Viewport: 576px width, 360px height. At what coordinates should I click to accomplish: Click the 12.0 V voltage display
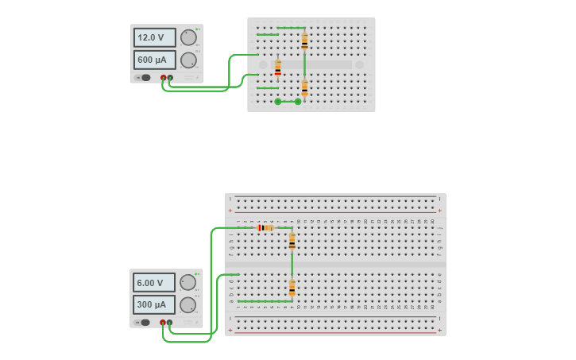click(x=154, y=37)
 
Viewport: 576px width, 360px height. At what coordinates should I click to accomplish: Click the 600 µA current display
click(x=154, y=60)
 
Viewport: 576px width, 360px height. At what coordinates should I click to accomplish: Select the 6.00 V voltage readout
click(x=153, y=282)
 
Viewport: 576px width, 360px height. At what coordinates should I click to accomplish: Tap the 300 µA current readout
click(x=153, y=304)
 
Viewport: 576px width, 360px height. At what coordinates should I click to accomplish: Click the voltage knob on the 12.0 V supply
click(x=188, y=37)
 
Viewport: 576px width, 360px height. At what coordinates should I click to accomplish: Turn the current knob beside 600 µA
click(x=188, y=60)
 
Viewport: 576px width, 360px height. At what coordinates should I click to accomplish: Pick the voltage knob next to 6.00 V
click(x=187, y=282)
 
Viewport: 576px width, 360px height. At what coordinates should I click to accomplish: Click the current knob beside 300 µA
click(x=187, y=305)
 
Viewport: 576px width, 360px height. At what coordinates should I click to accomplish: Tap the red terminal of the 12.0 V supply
click(x=164, y=78)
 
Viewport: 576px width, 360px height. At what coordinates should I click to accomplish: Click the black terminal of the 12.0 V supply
click(x=170, y=78)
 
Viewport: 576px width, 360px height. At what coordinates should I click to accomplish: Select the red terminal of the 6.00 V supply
click(x=163, y=323)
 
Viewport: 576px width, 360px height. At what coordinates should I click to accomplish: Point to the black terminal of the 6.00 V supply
click(x=169, y=323)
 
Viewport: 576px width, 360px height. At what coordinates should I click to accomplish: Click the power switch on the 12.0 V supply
click(x=145, y=78)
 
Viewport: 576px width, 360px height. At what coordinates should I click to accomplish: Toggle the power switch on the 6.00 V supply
click(x=145, y=323)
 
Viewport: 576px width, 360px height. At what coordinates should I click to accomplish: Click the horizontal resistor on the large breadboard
click(x=265, y=228)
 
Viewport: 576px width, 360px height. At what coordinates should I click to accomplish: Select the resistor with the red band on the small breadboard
click(x=277, y=68)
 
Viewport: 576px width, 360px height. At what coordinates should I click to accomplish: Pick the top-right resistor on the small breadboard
click(x=304, y=41)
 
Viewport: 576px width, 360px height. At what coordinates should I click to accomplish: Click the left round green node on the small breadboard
click(x=277, y=102)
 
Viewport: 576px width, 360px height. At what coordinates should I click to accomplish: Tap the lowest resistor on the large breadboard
click(x=292, y=288)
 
